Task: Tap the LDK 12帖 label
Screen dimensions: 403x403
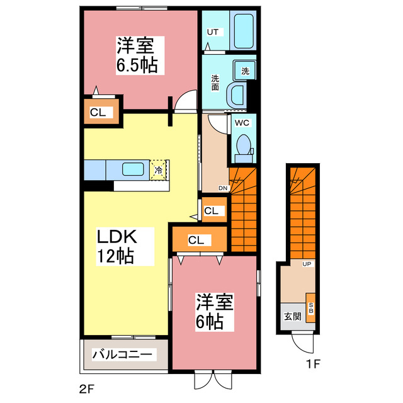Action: pos(116,246)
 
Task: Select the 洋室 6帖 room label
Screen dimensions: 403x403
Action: pos(214,312)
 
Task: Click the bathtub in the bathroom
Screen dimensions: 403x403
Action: pos(243,30)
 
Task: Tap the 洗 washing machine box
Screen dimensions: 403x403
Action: pos(245,71)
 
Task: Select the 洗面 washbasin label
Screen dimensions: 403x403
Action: pos(215,83)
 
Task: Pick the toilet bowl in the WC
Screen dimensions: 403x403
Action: pos(242,146)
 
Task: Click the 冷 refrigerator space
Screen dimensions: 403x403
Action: pos(159,169)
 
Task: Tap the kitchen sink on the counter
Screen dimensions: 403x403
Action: pos(133,169)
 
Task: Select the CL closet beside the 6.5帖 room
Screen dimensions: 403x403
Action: pos(98,113)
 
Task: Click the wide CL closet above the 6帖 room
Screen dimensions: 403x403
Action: pos(196,239)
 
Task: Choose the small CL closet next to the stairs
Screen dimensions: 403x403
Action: pos(212,211)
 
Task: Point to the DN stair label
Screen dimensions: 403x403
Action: pos(223,188)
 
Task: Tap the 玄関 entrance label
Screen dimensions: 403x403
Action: pos(291,317)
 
